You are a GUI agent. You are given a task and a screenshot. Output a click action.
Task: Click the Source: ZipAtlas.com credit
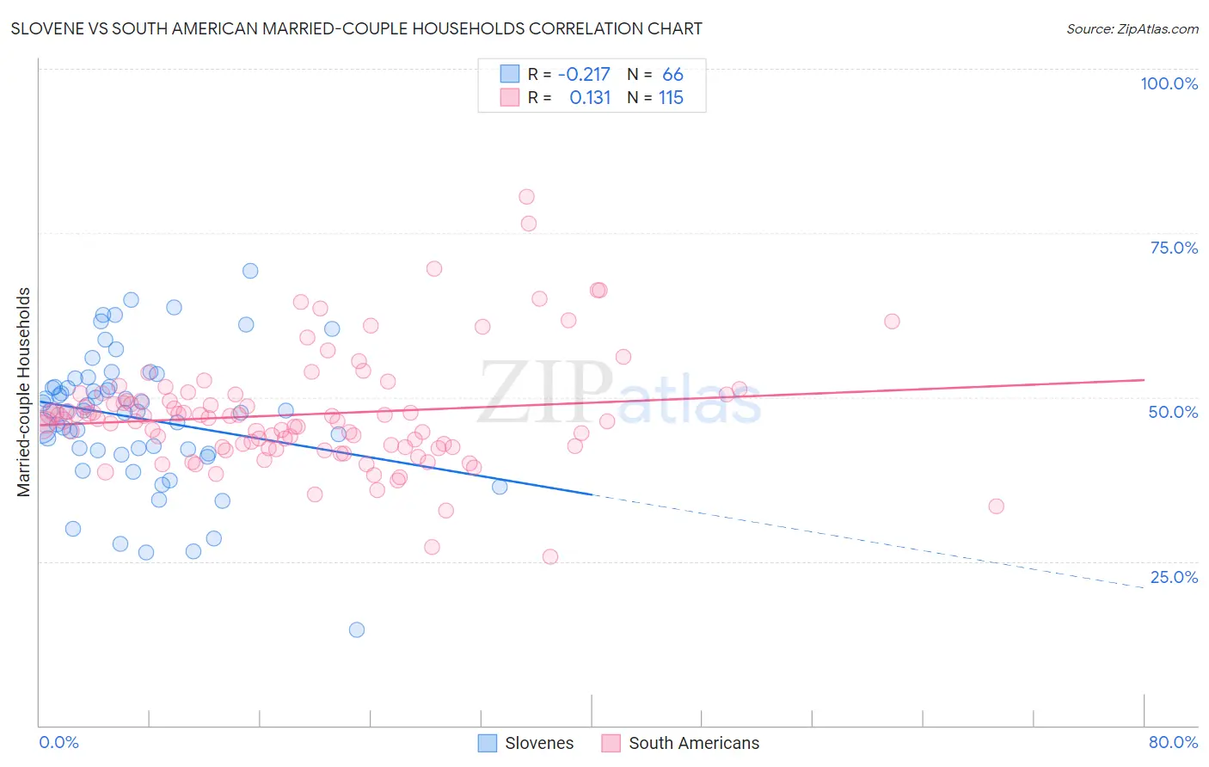(x=1132, y=28)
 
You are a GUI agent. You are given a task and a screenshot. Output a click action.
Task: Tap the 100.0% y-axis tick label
(x=1169, y=83)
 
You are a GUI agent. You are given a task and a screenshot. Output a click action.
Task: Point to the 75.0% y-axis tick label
(x=1174, y=248)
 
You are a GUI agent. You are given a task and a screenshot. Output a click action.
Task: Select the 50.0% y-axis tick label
(x=1173, y=412)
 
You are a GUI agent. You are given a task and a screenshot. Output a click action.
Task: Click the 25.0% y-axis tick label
(x=1174, y=577)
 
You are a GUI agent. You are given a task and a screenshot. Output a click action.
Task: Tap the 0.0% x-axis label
(x=58, y=742)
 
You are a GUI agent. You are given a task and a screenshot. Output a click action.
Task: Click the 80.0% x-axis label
(x=1173, y=742)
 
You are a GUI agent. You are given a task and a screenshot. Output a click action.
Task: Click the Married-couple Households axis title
(x=24, y=392)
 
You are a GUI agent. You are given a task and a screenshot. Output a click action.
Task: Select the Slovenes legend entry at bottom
(x=538, y=743)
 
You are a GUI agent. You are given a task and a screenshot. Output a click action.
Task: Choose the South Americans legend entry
(x=693, y=743)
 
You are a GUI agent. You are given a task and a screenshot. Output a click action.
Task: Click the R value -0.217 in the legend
(x=584, y=75)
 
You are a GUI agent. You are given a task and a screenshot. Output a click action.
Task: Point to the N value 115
(x=671, y=98)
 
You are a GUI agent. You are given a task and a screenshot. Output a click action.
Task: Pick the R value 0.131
(x=590, y=98)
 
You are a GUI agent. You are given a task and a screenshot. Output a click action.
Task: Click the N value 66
(x=672, y=75)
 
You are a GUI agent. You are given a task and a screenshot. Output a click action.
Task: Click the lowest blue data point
(x=357, y=629)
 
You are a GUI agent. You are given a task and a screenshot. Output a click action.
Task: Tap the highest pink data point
(x=526, y=197)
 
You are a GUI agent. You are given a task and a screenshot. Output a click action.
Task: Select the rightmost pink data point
(x=996, y=506)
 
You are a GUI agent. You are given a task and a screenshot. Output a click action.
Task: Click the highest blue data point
(x=250, y=271)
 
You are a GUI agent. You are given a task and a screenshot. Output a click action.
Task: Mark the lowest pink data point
(x=550, y=556)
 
